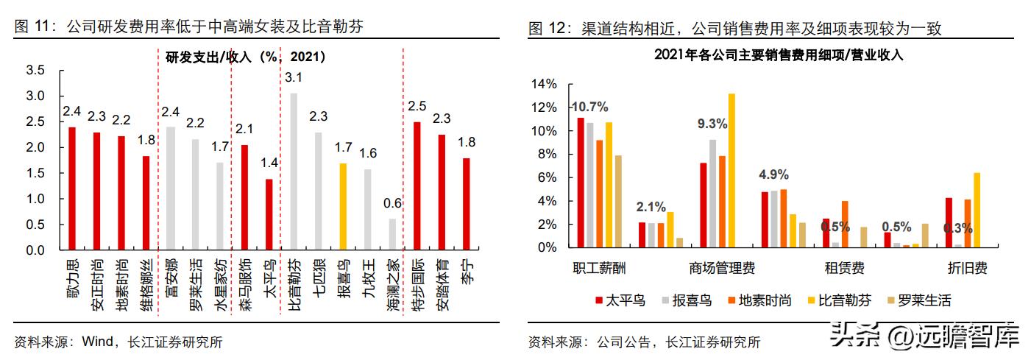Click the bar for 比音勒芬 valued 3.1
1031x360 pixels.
click(x=294, y=172)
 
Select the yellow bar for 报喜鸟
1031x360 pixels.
click(x=342, y=207)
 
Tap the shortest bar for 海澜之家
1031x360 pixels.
click(x=392, y=234)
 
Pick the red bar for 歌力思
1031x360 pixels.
click(x=72, y=188)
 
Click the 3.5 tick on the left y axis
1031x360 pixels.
click(x=35, y=71)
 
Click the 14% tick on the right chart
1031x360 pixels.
click(x=547, y=85)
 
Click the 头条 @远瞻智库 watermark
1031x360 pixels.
click(x=924, y=337)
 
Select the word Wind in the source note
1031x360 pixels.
click(x=97, y=342)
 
